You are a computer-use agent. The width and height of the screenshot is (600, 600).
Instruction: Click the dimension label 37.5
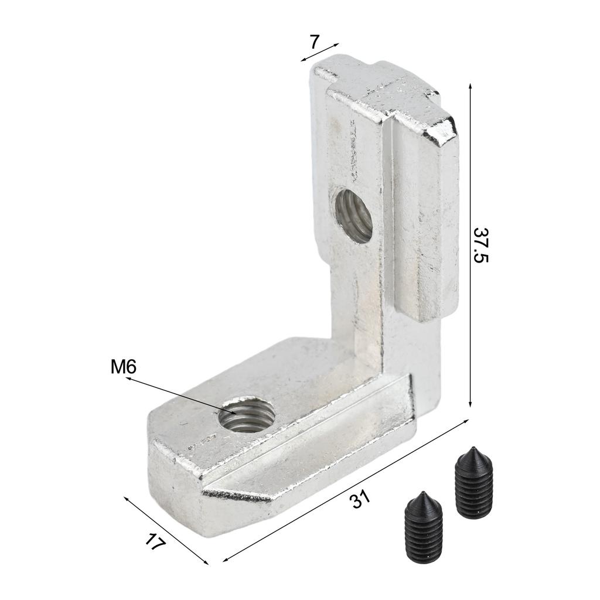[481, 246]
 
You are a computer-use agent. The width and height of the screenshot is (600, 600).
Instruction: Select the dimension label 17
[155, 542]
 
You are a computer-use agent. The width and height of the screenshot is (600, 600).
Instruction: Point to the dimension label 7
[314, 42]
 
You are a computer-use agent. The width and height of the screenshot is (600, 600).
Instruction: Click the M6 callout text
[123, 367]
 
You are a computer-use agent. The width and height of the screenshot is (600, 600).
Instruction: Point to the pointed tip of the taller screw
[473, 447]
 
